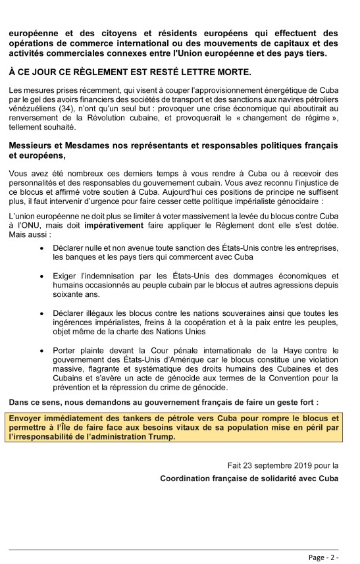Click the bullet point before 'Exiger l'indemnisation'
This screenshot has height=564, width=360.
(x=41, y=271)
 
